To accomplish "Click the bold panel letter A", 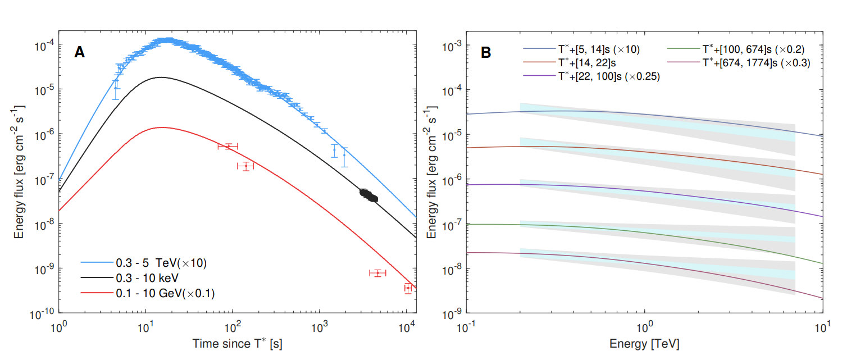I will (x=80, y=53).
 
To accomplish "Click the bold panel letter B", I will (x=486, y=53).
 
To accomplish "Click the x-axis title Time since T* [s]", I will (x=237, y=343).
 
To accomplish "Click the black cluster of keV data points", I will (x=368, y=195).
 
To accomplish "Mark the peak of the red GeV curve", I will (x=161, y=127).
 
